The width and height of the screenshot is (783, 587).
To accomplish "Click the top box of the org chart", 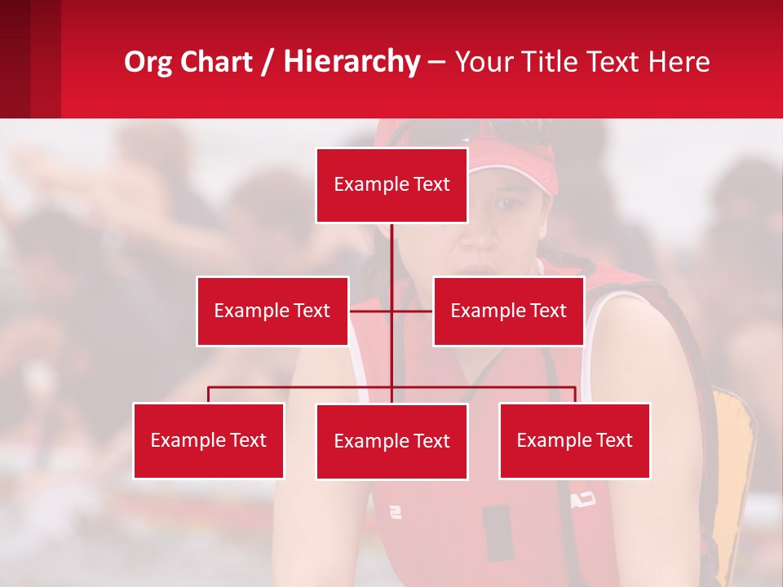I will pyautogui.click(x=391, y=185).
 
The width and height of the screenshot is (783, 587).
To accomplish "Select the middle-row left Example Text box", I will pyautogui.click(x=272, y=311).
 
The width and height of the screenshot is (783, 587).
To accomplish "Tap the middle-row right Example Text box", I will pyautogui.click(x=508, y=311).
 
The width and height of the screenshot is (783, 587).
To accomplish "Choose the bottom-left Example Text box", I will pyautogui.click(x=208, y=440).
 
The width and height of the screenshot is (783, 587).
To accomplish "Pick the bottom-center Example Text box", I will pyautogui.click(x=391, y=441).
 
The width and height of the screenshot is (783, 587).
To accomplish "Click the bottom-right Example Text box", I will pyautogui.click(x=574, y=440).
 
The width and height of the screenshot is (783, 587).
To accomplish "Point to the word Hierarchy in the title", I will pyautogui.click(x=352, y=63).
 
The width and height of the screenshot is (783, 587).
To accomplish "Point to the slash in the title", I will pyautogui.click(x=268, y=63).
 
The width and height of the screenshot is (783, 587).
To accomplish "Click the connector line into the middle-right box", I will pyautogui.click(x=414, y=311).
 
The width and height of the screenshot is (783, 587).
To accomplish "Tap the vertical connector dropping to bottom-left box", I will pyautogui.click(x=208, y=395).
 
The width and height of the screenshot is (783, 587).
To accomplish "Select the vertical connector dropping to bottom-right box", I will pyautogui.click(x=575, y=395).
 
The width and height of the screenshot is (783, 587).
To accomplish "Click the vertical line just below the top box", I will pyautogui.click(x=391, y=245).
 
